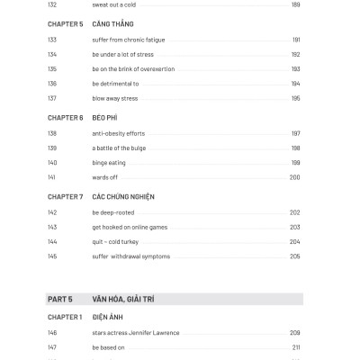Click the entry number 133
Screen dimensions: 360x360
click(x=51, y=40)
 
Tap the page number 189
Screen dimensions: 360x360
click(x=296, y=5)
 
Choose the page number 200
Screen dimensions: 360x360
click(x=295, y=177)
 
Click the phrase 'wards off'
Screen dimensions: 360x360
click(x=106, y=177)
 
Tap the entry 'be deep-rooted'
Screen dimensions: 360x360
click(x=113, y=212)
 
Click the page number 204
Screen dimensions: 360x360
click(x=295, y=242)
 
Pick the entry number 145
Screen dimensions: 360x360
click(x=51, y=256)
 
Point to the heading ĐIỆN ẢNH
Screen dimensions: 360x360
click(x=108, y=317)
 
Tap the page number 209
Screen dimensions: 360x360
click(x=295, y=333)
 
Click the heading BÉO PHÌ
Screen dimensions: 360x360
click(x=104, y=118)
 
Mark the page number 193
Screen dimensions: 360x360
click(x=296, y=68)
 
